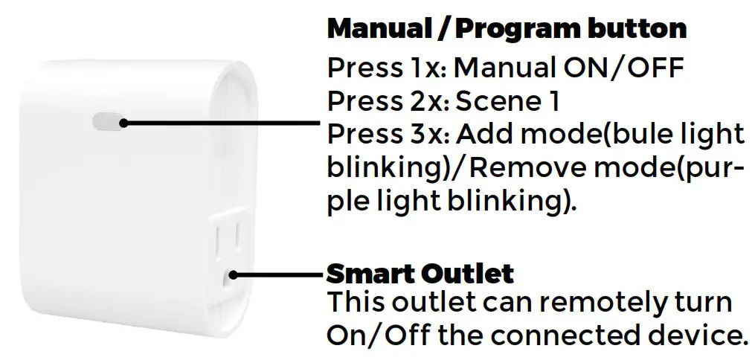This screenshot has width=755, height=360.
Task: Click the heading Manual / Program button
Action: pyautogui.click(x=507, y=29)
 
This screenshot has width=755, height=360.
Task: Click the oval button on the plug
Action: pyautogui.click(x=107, y=121)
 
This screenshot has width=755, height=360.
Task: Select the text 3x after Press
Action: pyautogui.click(x=428, y=135)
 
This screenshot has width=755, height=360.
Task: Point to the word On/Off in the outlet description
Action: pyautogui.click(x=376, y=335)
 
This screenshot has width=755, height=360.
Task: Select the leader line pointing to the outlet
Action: pyautogui.click(x=279, y=274)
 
